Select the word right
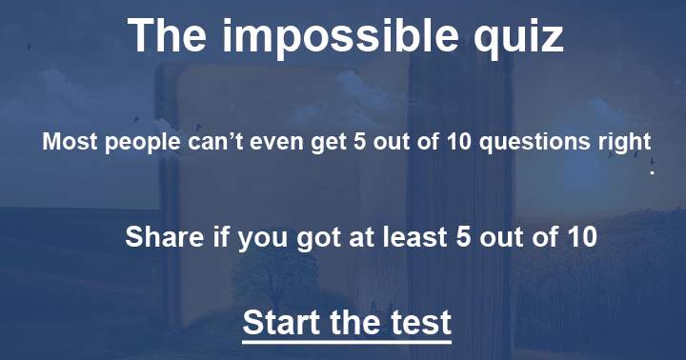pos(624,143)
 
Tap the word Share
pos(158,236)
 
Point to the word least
pos(416,236)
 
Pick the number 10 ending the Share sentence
pos(579,236)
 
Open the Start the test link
pos(347,321)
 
